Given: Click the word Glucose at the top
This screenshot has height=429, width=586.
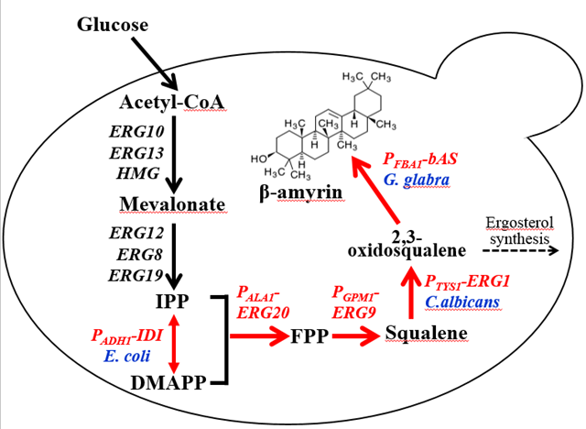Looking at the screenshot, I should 113,23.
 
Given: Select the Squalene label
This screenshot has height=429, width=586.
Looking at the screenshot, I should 427,333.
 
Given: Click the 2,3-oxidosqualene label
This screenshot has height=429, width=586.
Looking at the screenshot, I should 407,242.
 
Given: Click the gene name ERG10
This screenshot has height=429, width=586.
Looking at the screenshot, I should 137,133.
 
